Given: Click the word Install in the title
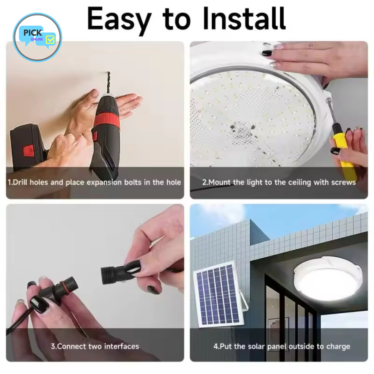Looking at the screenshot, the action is pyautogui.click(x=244, y=18).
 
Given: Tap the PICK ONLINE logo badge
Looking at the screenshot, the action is pyautogui.click(x=37, y=37).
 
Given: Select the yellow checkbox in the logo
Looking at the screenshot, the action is pyautogui.click(x=50, y=39).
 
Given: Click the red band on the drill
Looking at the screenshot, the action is pyautogui.click(x=106, y=121).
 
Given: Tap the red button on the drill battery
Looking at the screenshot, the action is pyautogui.click(x=29, y=151).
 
